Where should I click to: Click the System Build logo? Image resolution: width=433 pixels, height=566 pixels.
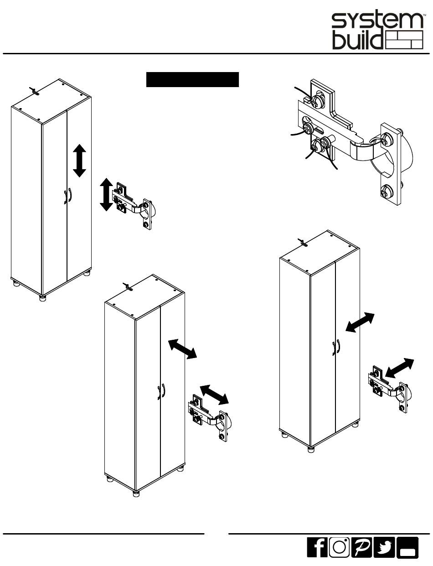coord(378,31)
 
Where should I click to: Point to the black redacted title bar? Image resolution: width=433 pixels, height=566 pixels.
coord(192,79)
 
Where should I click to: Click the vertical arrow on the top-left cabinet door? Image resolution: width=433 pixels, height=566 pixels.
coord(79,161)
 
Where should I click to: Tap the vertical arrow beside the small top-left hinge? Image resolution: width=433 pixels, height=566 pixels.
coord(106,194)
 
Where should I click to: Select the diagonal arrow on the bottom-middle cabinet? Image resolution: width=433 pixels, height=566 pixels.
coord(182,349)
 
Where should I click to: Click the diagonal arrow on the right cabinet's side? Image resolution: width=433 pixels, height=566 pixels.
coord(360,322)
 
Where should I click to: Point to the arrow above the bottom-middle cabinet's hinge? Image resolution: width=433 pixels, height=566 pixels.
coord(214,395)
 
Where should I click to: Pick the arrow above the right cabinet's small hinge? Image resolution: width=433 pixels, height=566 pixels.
coord(399,368)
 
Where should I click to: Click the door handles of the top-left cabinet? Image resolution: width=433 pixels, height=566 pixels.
coord(67,196)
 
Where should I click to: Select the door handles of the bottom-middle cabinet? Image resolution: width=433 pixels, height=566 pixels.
coord(161,391)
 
